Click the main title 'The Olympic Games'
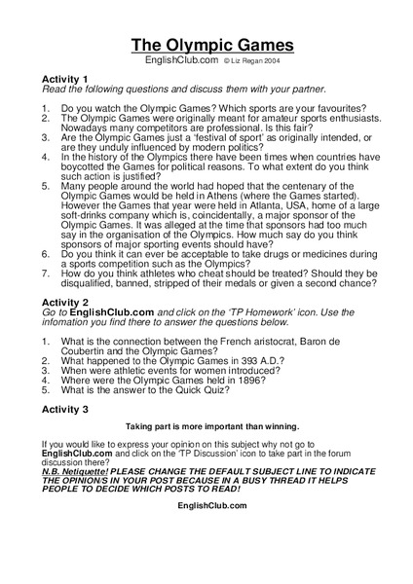(x=211, y=45)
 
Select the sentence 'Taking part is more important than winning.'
(x=211, y=426)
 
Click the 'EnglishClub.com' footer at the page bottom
(x=211, y=506)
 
